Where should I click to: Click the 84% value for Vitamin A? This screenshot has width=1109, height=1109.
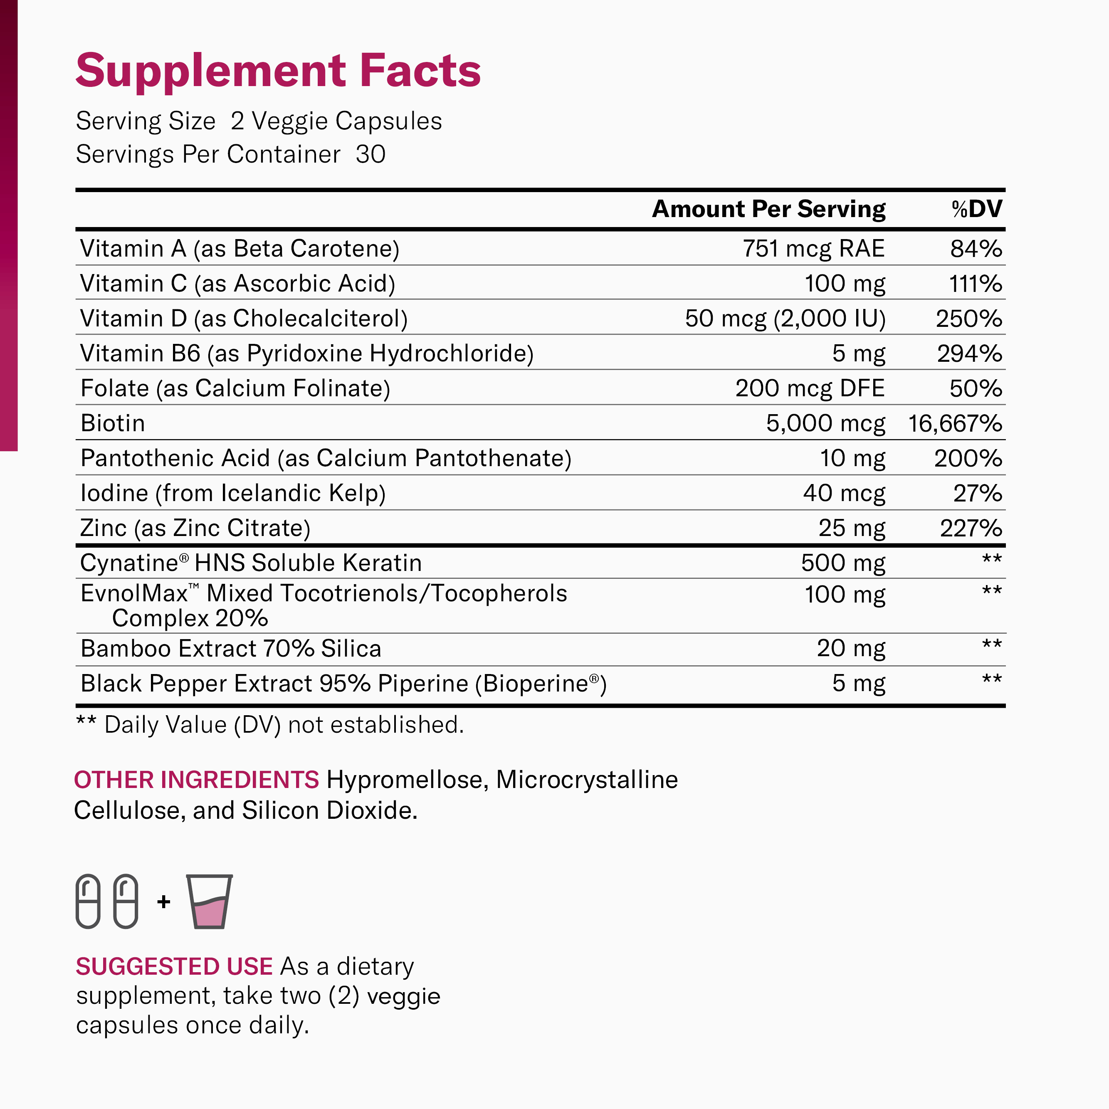pyautogui.click(x=976, y=249)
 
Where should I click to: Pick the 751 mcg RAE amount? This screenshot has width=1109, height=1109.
pyautogui.click(x=813, y=249)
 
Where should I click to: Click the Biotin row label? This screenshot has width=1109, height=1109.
pyautogui.click(x=113, y=423)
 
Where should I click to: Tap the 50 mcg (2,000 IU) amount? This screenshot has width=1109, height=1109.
pyautogui.click(x=785, y=319)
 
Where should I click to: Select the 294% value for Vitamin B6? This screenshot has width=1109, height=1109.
pyautogui.click(x=970, y=353)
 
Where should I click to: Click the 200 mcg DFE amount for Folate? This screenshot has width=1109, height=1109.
pyautogui.click(x=810, y=389)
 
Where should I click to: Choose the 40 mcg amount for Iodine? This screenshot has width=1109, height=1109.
pyautogui.click(x=844, y=493)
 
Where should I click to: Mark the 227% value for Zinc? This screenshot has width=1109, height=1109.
pyautogui.click(x=971, y=528)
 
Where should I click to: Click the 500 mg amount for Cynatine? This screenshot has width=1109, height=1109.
pyautogui.click(x=843, y=563)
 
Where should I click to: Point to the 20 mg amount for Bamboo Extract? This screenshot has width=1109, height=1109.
pyautogui.click(x=851, y=648)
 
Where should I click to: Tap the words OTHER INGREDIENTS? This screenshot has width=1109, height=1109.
pyautogui.click(x=196, y=780)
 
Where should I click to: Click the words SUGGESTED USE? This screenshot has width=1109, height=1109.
pyautogui.click(x=174, y=967)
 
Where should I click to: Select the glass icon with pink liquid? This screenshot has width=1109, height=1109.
pyautogui.click(x=210, y=901)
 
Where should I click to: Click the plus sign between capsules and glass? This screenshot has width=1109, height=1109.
pyautogui.click(x=163, y=902)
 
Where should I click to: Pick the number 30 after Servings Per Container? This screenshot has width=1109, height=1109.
pyautogui.click(x=370, y=154)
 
